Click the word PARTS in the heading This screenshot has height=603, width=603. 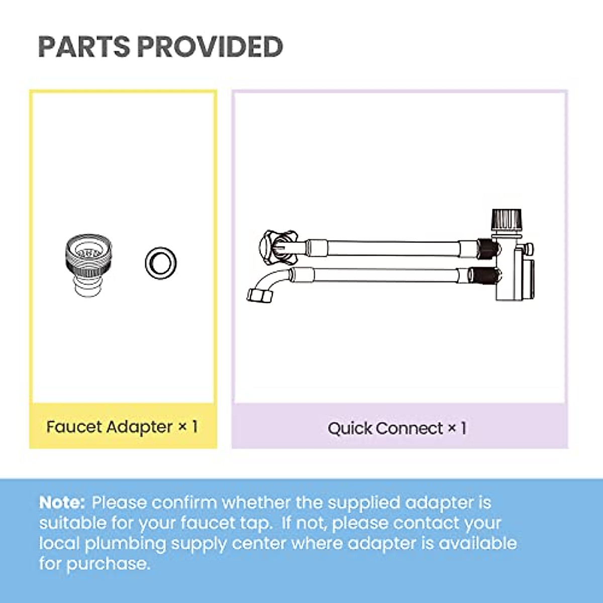click(83, 47)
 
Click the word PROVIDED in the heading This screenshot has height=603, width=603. click(210, 47)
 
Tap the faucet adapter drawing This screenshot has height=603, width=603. click(88, 264)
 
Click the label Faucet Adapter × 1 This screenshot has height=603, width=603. click(122, 427)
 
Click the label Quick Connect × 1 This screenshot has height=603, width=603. click(397, 429)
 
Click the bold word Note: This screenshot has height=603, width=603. click(62, 502)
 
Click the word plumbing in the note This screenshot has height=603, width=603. click(125, 544)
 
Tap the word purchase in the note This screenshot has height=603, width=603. click(108, 564)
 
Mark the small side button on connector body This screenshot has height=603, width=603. click(529, 248)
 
